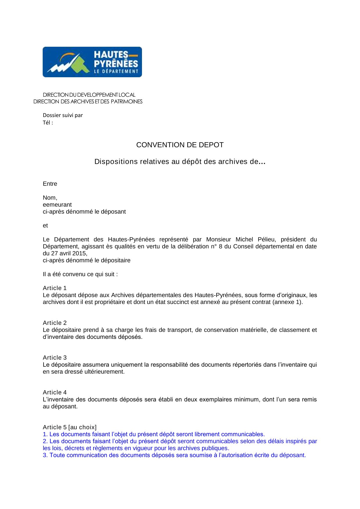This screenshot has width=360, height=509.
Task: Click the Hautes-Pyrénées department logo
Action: [x=92, y=62]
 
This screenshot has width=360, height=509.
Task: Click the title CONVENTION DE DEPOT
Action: [x=180, y=145]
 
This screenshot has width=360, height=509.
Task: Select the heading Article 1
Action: [x=55, y=288]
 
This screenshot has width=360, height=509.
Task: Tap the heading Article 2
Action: [x=55, y=323]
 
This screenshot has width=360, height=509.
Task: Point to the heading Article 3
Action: [x=55, y=358]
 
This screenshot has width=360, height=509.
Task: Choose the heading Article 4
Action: [x=55, y=393]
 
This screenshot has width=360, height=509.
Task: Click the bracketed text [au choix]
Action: [x=82, y=427]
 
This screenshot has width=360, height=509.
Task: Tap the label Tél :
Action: [x=48, y=123]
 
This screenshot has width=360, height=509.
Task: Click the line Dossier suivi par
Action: [x=63, y=115]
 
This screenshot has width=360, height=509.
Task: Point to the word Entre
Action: [x=50, y=184]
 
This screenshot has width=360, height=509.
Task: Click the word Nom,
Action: [x=50, y=198]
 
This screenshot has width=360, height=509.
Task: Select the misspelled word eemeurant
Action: [x=57, y=205]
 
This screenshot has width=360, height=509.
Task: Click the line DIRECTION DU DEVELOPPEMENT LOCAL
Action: [x=89, y=95]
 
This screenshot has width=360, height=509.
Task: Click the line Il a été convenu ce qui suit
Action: [x=80, y=274]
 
